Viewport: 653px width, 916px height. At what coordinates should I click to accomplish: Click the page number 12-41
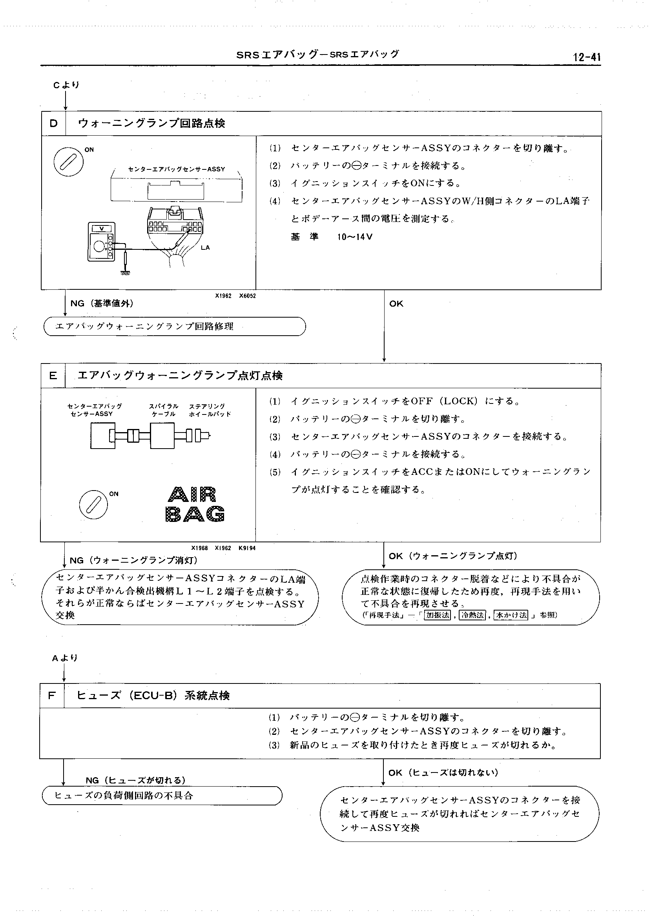pyautogui.click(x=587, y=57)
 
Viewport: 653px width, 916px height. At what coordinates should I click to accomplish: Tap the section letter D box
pyautogui.click(x=53, y=124)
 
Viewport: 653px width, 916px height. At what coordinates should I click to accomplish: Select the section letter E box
pyautogui.click(x=53, y=376)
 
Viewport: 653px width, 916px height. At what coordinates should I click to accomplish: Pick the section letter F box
pyautogui.click(x=51, y=696)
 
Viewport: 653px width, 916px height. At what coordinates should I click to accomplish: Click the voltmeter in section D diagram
pyautogui.click(x=101, y=242)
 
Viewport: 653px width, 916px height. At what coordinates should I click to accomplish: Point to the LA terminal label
pyautogui.click(x=205, y=248)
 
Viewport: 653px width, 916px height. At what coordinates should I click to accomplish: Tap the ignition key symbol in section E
pyautogui.click(x=93, y=505)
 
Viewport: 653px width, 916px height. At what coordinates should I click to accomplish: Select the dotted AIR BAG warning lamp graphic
pyautogui.click(x=195, y=504)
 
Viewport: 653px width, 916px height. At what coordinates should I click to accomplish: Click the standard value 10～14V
pyautogui.click(x=355, y=236)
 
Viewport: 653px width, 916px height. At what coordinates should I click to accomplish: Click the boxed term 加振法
pyautogui.click(x=438, y=615)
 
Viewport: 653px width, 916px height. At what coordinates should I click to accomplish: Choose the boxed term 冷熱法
pyautogui.click(x=473, y=615)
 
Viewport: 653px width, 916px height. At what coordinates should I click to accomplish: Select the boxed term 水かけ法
pyautogui.click(x=511, y=615)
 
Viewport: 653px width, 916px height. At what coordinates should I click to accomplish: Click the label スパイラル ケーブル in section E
pyautogui.click(x=164, y=410)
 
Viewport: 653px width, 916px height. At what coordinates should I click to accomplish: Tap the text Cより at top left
pyautogui.click(x=66, y=85)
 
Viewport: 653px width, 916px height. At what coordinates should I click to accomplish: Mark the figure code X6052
pyautogui.click(x=247, y=296)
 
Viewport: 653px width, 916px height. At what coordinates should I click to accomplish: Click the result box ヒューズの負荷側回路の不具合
pyautogui.click(x=162, y=796)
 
